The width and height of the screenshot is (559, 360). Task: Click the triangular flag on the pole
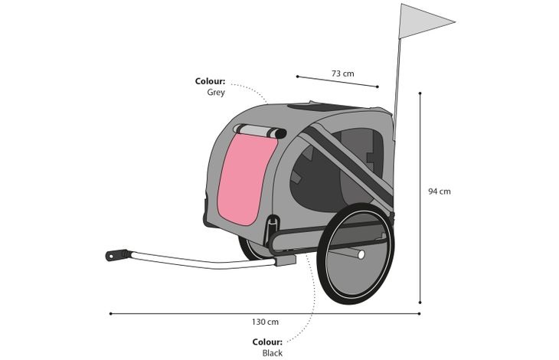pos(420,21)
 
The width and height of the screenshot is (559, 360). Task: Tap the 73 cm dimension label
pos(342,74)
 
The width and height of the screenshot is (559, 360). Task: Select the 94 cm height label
pos(440,191)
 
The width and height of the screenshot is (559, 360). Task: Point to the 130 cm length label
pos(265,322)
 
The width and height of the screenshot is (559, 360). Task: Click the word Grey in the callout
pos(216,93)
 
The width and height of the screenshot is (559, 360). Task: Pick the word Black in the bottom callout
pos(273,353)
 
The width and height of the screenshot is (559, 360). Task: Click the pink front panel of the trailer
pos(247,179)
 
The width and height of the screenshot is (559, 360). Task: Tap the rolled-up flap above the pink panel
pos(260,131)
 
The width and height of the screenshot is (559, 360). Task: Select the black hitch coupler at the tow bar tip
pos(116,255)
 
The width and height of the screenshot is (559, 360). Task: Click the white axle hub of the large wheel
pos(361,254)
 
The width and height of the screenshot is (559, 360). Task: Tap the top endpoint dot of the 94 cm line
pos(420,93)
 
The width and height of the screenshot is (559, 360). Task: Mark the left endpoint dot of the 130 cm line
pos(111,314)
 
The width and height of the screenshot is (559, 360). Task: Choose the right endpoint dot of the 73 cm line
pos(378,87)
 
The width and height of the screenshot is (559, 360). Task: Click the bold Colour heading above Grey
pos(210,81)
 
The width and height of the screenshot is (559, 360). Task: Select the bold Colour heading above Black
pos(267,342)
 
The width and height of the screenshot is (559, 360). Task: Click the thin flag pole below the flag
pos(397,89)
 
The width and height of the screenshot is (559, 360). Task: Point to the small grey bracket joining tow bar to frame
pos(286,260)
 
